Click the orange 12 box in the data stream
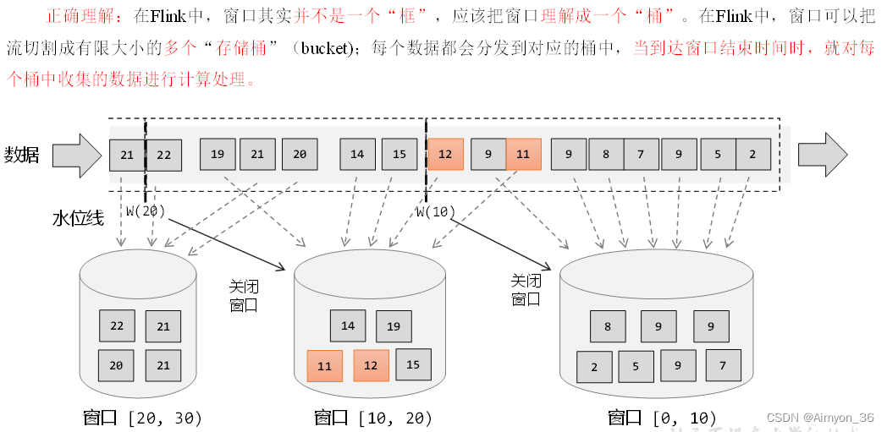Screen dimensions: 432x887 [445, 154]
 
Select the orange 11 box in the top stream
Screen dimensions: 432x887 [523, 154]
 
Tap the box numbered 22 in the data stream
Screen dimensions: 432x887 [164, 155]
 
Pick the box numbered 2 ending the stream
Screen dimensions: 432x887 [752, 154]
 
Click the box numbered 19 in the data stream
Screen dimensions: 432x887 [218, 154]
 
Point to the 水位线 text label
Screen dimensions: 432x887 [78, 219]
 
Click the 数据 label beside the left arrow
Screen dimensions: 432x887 [22, 155]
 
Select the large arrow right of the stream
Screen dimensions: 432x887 [822, 155]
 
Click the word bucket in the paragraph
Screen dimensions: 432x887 [324, 48]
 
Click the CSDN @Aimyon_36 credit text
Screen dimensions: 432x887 [820, 418]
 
